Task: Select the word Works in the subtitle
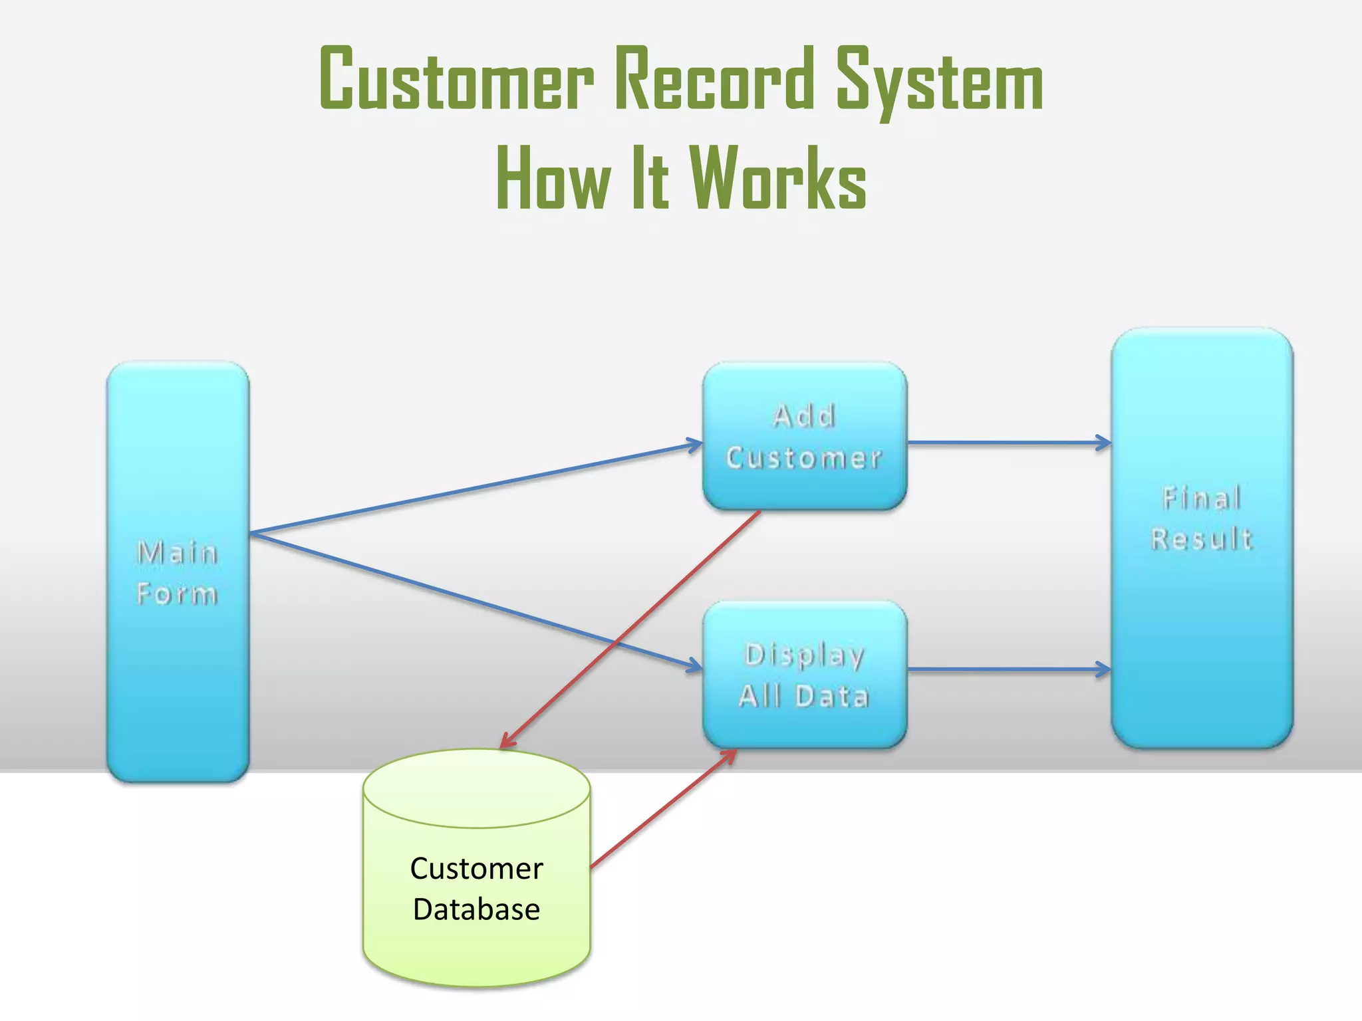(x=777, y=178)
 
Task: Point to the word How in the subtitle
(x=553, y=178)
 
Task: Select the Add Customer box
(x=805, y=437)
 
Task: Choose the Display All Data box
(x=805, y=675)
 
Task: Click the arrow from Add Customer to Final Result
(x=1008, y=442)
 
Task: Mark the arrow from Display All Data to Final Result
(x=1008, y=669)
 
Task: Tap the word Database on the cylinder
(x=476, y=909)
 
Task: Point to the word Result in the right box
(x=1202, y=538)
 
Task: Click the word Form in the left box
(x=177, y=594)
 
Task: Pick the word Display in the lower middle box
(x=805, y=655)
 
